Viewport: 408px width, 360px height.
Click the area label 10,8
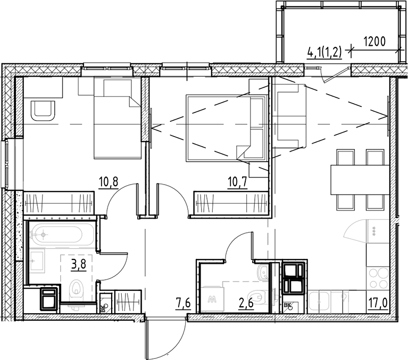point(108,185)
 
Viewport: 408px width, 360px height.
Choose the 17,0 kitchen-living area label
point(379,305)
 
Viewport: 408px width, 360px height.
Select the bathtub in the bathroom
point(62,234)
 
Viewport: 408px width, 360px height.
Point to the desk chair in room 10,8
point(43,111)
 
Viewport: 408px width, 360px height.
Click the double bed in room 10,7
point(219,128)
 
